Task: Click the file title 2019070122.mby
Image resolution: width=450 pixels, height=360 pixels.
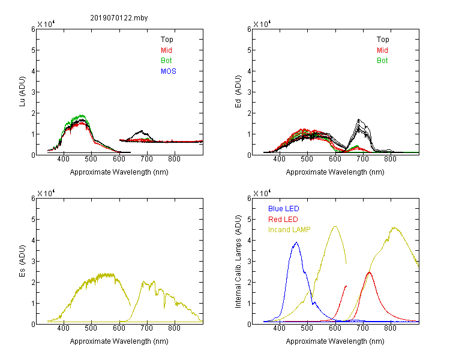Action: pyautogui.click(x=119, y=18)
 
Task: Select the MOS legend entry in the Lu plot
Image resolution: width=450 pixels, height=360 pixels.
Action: pyautogui.click(x=169, y=71)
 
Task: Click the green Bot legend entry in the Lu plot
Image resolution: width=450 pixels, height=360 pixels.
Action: pyautogui.click(x=166, y=61)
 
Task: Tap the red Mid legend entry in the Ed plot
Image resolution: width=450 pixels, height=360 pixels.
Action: pyautogui.click(x=382, y=50)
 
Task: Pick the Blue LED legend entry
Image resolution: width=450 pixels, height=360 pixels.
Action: pyautogui.click(x=284, y=209)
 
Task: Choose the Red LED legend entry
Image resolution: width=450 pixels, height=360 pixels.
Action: pyautogui.click(x=283, y=220)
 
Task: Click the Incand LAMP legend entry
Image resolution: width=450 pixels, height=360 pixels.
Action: pyautogui.click(x=289, y=230)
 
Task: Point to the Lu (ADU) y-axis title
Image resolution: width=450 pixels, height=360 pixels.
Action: pyautogui.click(x=22, y=92)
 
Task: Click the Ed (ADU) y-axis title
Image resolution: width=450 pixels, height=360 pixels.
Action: pyautogui.click(x=238, y=92)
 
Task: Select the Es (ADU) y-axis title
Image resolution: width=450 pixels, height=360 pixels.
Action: pyautogui.click(x=22, y=261)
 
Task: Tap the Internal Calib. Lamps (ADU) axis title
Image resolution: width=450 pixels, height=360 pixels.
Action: pyautogui.click(x=238, y=262)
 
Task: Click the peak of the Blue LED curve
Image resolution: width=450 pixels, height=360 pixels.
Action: pyautogui.click(x=296, y=242)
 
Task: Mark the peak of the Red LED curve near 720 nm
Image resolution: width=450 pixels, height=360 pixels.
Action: pyautogui.click(x=370, y=272)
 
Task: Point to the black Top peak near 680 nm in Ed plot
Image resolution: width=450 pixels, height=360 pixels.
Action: pyautogui.click(x=358, y=119)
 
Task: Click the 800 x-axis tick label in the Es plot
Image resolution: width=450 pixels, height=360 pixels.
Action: pyautogui.click(x=174, y=328)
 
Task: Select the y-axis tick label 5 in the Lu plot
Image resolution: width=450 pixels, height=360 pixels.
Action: pyautogui.click(x=33, y=50)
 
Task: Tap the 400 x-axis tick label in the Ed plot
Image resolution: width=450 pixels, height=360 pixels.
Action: pyautogui.click(x=279, y=159)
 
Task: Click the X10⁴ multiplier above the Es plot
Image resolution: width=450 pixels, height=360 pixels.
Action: pyautogui.click(x=46, y=193)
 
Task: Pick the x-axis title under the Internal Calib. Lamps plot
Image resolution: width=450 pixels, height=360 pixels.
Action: pyautogui.click(x=335, y=341)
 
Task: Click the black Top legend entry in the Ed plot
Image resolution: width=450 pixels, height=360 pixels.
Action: pyautogui.click(x=383, y=40)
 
